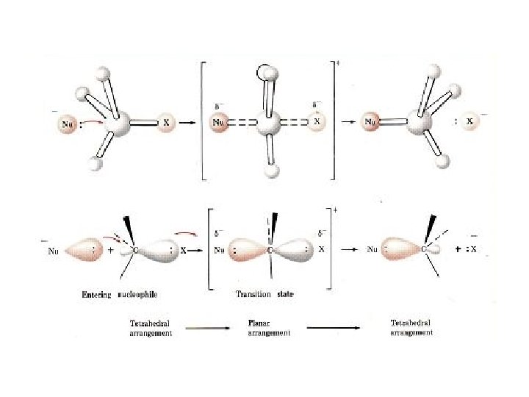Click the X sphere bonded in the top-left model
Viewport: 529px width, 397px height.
tap(166, 122)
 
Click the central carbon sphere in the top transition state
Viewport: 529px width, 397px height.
tap(268, 123)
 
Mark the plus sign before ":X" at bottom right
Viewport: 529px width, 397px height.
tap(459, 248)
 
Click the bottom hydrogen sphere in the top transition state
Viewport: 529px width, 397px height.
tap(273, 171)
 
